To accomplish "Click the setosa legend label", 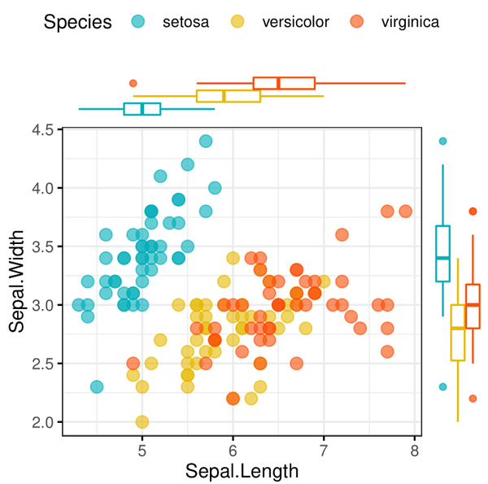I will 185,22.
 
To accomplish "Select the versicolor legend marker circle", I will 239,22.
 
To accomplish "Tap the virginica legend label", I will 410,22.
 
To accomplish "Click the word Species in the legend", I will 78,22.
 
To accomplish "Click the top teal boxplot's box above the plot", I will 142,109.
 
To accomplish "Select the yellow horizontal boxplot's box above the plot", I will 229,96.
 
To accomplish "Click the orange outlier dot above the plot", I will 133,83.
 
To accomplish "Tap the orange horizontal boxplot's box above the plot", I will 284,83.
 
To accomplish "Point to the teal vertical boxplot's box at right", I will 442,254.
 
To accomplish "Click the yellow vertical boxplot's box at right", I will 458,333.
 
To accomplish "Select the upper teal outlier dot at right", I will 442,141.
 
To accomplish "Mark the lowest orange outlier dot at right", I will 473,399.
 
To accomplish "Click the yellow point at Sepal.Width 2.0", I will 142,422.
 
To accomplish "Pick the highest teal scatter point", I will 206,142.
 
